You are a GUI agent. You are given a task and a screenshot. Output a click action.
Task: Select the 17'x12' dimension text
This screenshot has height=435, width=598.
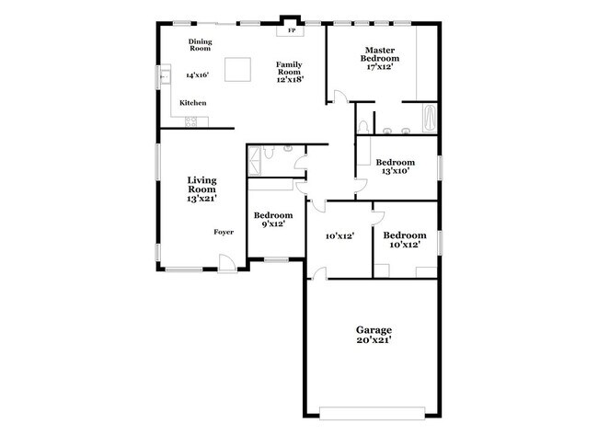point(380,67)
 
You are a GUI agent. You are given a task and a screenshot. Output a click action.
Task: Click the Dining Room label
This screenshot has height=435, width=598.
point(200,45)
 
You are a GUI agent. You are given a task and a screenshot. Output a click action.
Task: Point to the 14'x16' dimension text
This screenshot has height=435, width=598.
point(197,74)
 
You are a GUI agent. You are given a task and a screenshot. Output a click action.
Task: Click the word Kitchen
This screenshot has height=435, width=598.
point(192,103)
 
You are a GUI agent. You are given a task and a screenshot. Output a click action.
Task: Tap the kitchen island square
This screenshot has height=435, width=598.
point(239,69)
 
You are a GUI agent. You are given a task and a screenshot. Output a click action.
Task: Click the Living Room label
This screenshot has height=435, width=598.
point(201,184)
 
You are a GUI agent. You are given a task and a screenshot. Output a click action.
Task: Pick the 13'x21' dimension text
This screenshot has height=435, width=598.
point(201,198)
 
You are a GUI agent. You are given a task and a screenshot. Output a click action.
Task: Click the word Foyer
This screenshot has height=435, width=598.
point(224,232)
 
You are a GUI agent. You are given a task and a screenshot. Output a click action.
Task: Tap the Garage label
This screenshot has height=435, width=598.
point(374,328)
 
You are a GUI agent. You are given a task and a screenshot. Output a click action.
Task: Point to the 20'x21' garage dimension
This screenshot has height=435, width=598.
point(374,340)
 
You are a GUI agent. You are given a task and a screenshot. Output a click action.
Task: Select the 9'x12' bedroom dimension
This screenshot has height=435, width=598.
point(272,223)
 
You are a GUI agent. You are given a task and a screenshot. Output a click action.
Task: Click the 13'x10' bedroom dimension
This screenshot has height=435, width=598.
point(395,170)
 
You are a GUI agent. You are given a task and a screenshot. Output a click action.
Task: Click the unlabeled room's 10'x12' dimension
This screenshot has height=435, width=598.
point(339,236)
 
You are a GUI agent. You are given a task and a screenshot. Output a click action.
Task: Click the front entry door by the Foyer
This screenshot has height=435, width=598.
point(226,268)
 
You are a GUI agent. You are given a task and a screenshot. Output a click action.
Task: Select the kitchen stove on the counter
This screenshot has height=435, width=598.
point(194,122)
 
